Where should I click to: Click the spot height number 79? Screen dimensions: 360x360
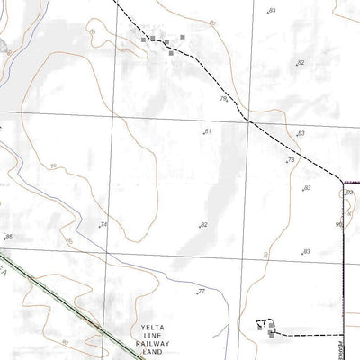click(x=222, y=98)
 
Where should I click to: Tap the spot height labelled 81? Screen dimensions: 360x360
click(x=208, y=131)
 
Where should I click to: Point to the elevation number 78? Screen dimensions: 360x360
click(x=291, y=160)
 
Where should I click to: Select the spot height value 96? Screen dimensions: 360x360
click(x=339, y=224)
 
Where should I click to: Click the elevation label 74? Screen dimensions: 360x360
click(x=103, y=224)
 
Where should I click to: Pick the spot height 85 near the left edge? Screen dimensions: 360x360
click(x=9, y=237)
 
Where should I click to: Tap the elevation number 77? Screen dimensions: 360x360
click(x=202, y=291)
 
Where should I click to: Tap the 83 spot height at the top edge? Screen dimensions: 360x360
click(x=273, y=10)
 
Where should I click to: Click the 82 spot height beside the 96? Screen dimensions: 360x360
click(x=349, y=193)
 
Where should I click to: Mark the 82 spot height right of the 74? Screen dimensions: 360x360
click(x=204, y=224)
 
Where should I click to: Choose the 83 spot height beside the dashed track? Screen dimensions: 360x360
click(x=301, y=133)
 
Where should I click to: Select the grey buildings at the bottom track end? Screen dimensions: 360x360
click(x=267, y=328)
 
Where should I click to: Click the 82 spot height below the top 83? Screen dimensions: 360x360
click(x=301, y=63)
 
